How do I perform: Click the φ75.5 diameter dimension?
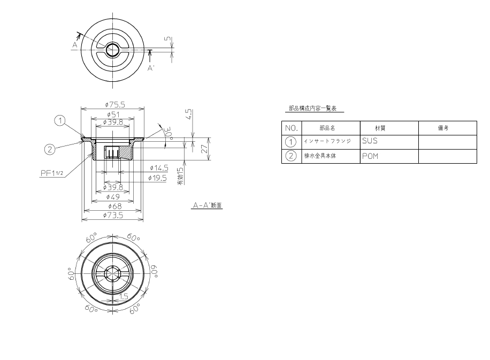click(115, 104)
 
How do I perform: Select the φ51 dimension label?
click(113, 114)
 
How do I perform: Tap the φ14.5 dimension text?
click(159, 168)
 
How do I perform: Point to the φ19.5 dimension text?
click(157, 178)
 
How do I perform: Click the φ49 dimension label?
click(113, 197)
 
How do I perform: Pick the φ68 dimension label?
click(115, 206)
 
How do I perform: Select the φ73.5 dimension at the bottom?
click(113, 216)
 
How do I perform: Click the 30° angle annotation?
click(168, 133)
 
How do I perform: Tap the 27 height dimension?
click(204, 148)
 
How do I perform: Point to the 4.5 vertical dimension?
click(188, 114)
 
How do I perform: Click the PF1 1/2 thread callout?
click(52, 173)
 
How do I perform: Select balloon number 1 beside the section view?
click(60, 121)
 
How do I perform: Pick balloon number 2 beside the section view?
click(50, 149)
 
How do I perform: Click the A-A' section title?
click(207, 205)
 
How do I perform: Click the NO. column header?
click(292, 128)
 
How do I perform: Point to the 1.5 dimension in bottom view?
click(124, 296)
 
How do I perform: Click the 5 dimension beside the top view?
click(168, 39)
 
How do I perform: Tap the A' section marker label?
click(151, 68)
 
